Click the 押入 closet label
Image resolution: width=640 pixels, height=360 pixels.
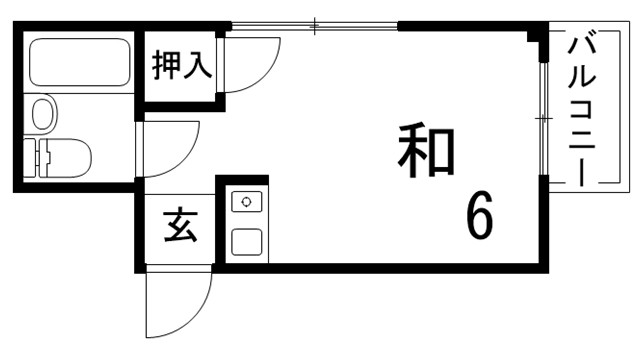pos(181,66)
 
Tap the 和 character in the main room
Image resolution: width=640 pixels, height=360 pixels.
pos(426,152)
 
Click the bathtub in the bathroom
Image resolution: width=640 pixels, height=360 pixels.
pos(79,64)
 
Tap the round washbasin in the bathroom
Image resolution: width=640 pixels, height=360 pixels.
pos(43,112)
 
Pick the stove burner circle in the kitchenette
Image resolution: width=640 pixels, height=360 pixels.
pos(246,202)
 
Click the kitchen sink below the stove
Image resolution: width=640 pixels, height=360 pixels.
pos(246,241)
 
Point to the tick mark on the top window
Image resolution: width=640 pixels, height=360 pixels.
pos(315,24)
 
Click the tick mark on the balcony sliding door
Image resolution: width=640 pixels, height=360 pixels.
pos(543,118)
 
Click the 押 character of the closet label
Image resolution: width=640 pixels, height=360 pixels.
pos(166,66)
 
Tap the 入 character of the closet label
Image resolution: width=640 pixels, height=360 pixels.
pos(196,66)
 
